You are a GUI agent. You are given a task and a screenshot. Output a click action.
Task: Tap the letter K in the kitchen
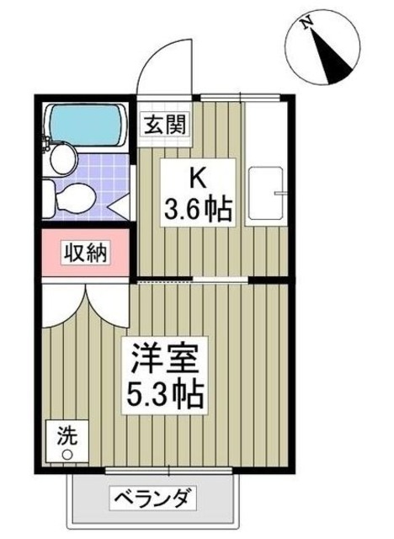196,179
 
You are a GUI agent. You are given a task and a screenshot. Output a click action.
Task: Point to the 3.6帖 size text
198,208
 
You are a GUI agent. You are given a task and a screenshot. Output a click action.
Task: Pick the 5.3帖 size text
165,392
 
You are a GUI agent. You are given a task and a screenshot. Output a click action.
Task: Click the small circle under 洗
65,455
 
